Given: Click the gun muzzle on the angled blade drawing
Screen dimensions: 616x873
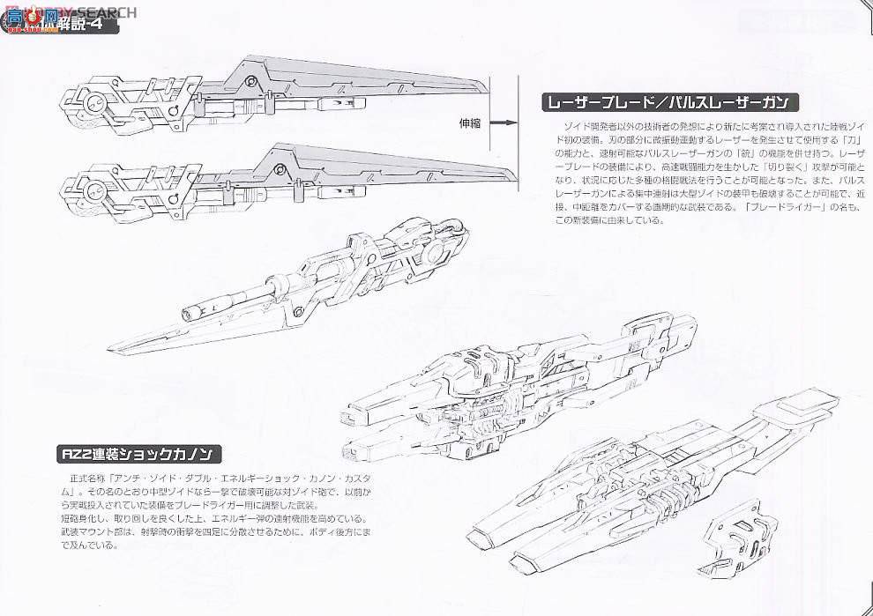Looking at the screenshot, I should [190, 311].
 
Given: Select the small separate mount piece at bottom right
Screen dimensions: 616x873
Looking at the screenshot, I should [731, 531].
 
